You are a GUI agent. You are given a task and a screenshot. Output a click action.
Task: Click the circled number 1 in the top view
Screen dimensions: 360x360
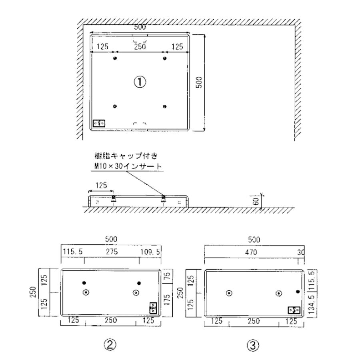tap(140, 82)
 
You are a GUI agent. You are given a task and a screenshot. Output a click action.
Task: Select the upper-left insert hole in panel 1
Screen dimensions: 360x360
tap(115, 58)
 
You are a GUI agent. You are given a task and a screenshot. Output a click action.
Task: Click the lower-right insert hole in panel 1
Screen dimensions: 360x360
tap(164, 106)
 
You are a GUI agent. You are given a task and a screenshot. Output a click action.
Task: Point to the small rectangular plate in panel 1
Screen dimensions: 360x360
tap(99, 123)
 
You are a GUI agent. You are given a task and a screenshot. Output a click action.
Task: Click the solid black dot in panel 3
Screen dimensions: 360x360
tap(297, 292)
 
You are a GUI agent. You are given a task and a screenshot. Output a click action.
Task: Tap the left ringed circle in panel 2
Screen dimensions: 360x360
tap(86, 293)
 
